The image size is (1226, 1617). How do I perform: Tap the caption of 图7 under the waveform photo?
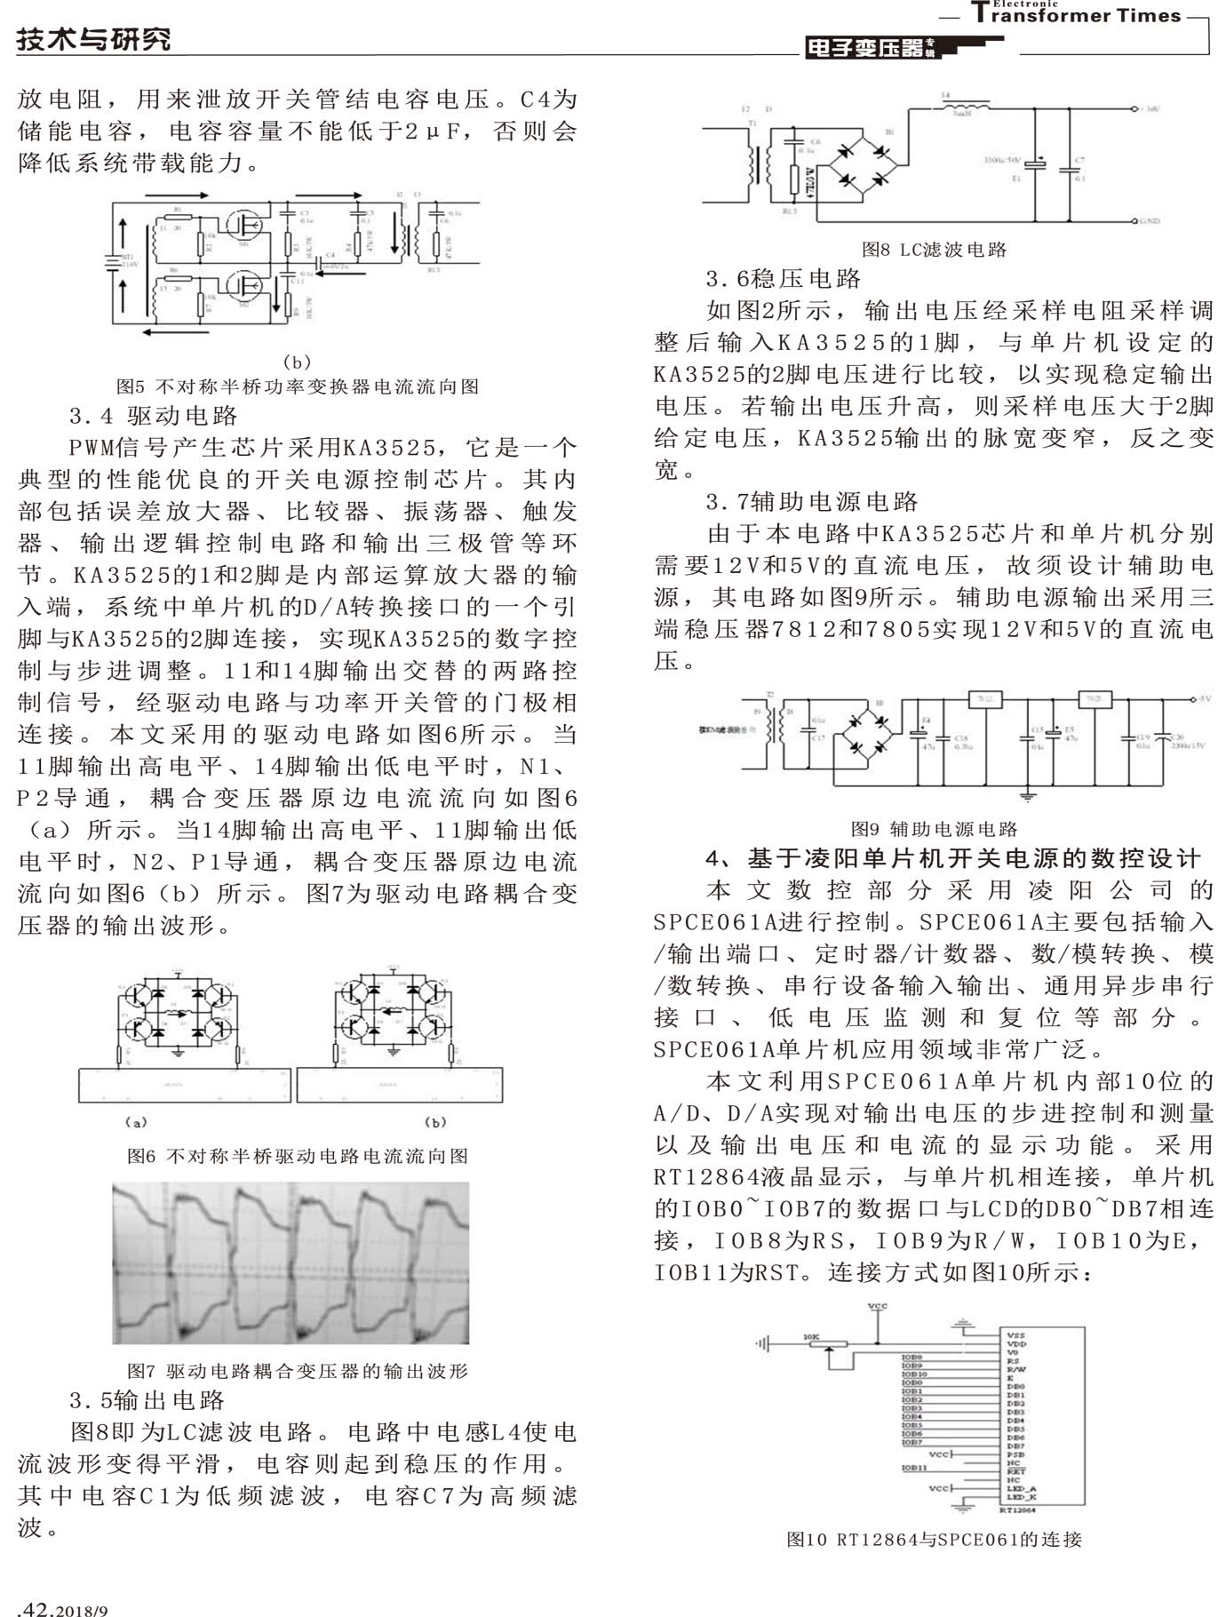coord(298,1371)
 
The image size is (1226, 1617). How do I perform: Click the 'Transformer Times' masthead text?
coord(1076,15)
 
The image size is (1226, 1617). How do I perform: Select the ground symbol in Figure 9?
coord(1028,796)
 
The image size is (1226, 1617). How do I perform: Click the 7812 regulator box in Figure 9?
coord(984,700)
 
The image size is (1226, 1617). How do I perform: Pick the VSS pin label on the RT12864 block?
coord(1015,1334)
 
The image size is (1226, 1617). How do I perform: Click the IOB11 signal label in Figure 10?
coord(915,1469)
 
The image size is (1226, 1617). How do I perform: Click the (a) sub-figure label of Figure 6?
coord(136,1122)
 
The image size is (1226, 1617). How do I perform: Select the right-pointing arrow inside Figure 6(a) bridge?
coord(178,1012)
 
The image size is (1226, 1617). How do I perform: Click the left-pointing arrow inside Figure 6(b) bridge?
coord(391,1010)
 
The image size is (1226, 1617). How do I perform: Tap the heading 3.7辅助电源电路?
coord(812,502)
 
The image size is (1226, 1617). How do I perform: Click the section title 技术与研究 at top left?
coord(94,39)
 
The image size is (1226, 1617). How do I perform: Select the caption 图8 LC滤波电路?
coord(934,250)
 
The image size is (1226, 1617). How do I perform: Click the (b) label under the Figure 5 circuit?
coord(297,362)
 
